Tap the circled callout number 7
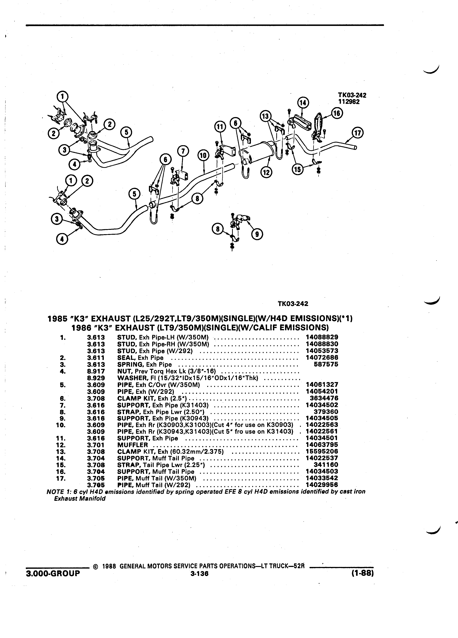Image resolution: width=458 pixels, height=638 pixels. click(183, 152)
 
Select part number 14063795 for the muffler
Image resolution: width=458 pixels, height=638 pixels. click(322, 445)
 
